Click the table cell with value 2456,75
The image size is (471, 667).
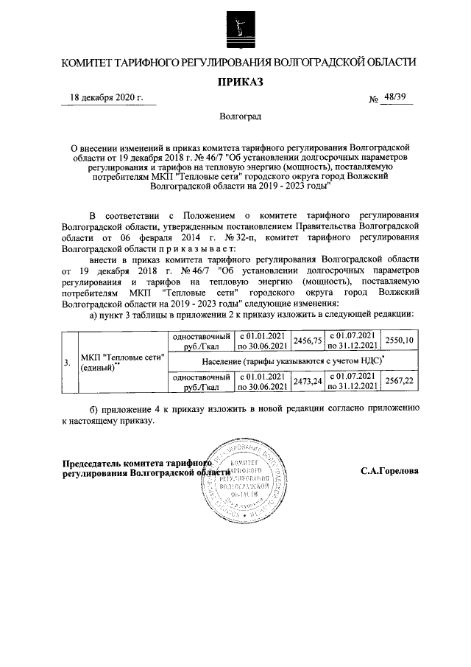click(x=308, y=341)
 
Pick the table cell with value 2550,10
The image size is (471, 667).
click(x=400, y=341)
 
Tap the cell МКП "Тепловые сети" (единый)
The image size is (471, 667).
click(x=121, y=362)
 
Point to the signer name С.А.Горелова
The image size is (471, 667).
click(x=389, y=469)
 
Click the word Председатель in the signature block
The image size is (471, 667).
click(x=92, y=464)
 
